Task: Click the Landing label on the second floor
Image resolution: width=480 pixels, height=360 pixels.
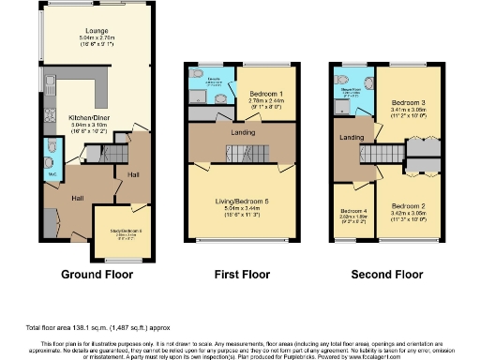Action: click(x=352, y=139)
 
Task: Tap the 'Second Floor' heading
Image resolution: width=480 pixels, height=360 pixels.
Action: click(x=387, y=275)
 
